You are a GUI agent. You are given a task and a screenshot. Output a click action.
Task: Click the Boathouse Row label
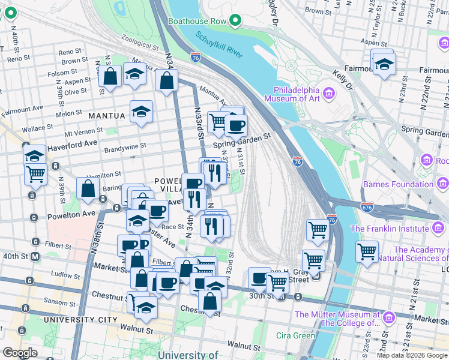201,22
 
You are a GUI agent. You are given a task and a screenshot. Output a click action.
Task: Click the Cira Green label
295,335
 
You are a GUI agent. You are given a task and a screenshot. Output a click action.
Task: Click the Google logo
20,352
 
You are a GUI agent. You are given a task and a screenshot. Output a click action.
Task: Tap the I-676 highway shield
367,206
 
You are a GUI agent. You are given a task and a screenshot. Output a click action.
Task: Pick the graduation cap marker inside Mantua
142,112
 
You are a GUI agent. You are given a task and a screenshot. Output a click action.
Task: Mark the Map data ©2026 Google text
411,355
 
